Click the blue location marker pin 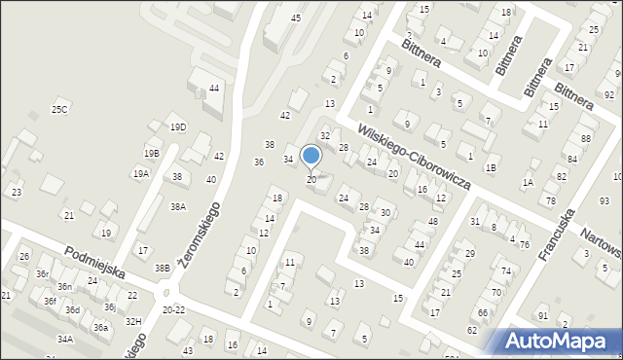(x=311, y=156)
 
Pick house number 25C (x=60, y=110)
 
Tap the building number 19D (x=177, y=127)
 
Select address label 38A (x=178, y=207)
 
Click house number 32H (x=133, y=322)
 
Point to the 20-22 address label (x=174, y=310)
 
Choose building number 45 (x=296, y=18)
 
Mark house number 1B (x=492, y=168)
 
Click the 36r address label (x=43, y=274)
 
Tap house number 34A (x=65, y=340)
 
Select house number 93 (x=604, y=200)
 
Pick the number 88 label (x=586, y=139)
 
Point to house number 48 (x=433, y=223)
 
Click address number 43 (x=187, y=349)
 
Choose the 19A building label (x=141, y=173)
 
